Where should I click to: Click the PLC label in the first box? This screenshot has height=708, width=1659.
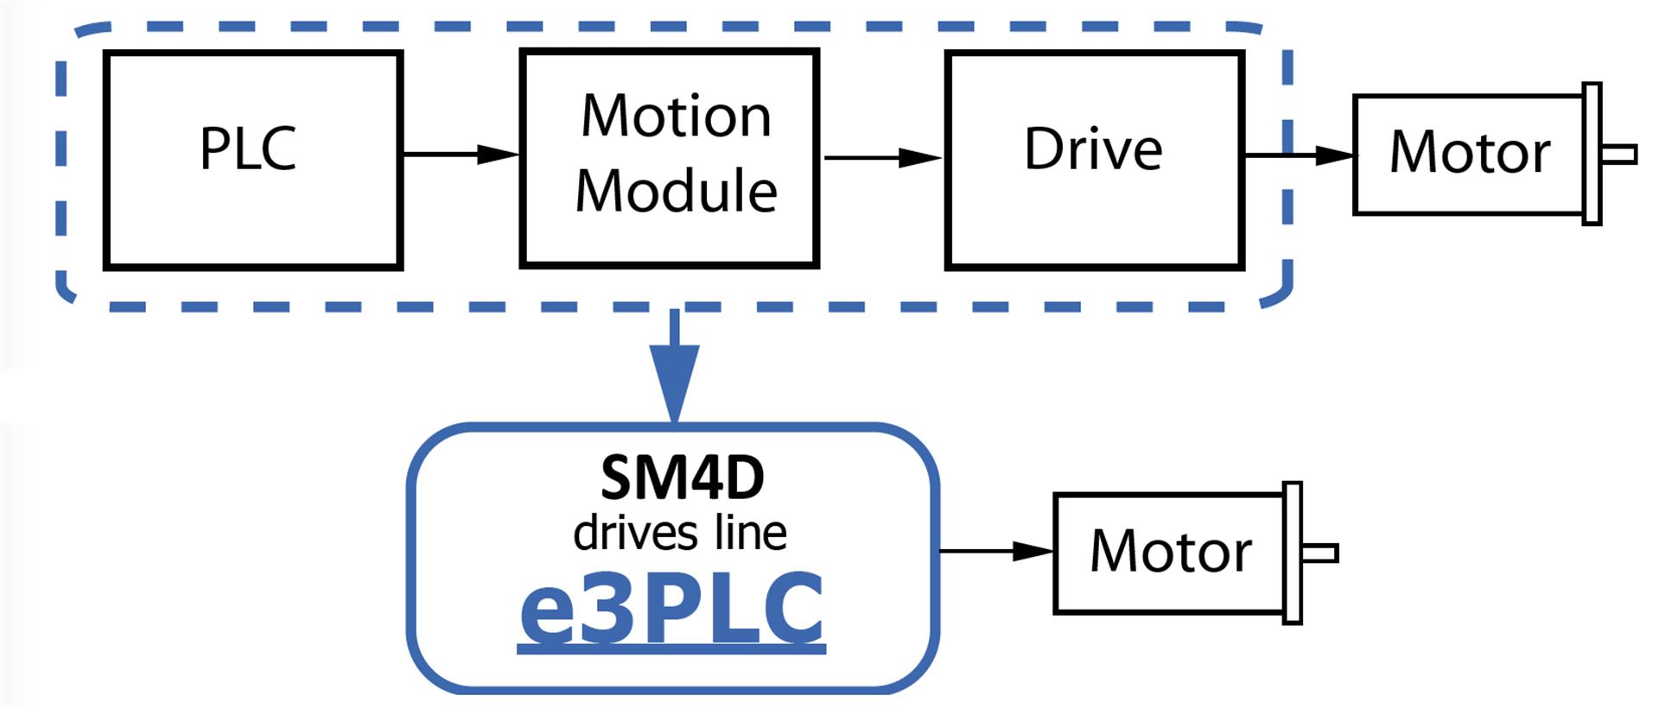click(x=248, y=149)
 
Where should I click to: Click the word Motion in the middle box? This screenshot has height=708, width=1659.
click(x=676, y=117)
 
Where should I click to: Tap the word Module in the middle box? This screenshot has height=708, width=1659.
click(x=676, y=191)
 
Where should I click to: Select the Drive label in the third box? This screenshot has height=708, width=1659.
click(x=1093, y=149)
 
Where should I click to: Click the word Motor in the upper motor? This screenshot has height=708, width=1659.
click(x=1469, y=153)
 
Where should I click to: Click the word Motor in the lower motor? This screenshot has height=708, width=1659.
click(x=1170, y=551)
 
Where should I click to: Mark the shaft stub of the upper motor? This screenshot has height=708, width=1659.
click(x=1618, y=154)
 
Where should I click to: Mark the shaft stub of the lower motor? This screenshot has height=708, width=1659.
click(x=1319, y=553)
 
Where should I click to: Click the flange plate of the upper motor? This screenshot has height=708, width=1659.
click(x=1592, y=154)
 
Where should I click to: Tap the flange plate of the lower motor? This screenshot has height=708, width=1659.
click(x=1293, y=553)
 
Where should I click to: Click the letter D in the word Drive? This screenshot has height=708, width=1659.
click(x=1042, y=149)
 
